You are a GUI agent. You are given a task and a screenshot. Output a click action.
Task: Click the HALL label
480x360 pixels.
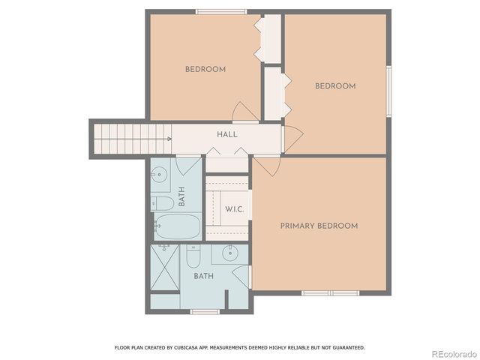coord(227,134)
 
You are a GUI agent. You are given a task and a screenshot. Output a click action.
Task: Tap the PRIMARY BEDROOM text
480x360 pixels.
coord(319,226)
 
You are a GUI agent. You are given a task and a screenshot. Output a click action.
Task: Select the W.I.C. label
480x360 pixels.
coord(234,209)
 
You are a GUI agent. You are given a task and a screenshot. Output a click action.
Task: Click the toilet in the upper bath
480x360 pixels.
coord(163,202)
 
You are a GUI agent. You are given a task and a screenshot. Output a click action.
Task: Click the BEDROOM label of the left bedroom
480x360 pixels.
coord(205,70)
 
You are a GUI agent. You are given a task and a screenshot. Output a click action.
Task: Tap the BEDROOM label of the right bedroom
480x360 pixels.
coord(334,86)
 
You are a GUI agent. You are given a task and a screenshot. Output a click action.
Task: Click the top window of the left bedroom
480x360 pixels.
coord(220,11)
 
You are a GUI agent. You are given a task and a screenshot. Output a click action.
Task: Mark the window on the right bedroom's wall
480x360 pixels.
coord(388,91)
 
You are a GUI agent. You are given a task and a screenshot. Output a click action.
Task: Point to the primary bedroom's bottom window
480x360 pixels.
coord(331,292)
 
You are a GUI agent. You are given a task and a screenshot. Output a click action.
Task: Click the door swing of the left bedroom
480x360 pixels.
coord(244,113)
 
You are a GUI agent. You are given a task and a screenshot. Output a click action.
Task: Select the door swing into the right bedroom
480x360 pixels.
coord(292,136)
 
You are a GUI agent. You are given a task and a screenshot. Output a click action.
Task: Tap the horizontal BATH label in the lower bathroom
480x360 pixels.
coord(203,276)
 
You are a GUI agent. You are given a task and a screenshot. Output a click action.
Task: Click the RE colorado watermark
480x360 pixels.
coord(453,353)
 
